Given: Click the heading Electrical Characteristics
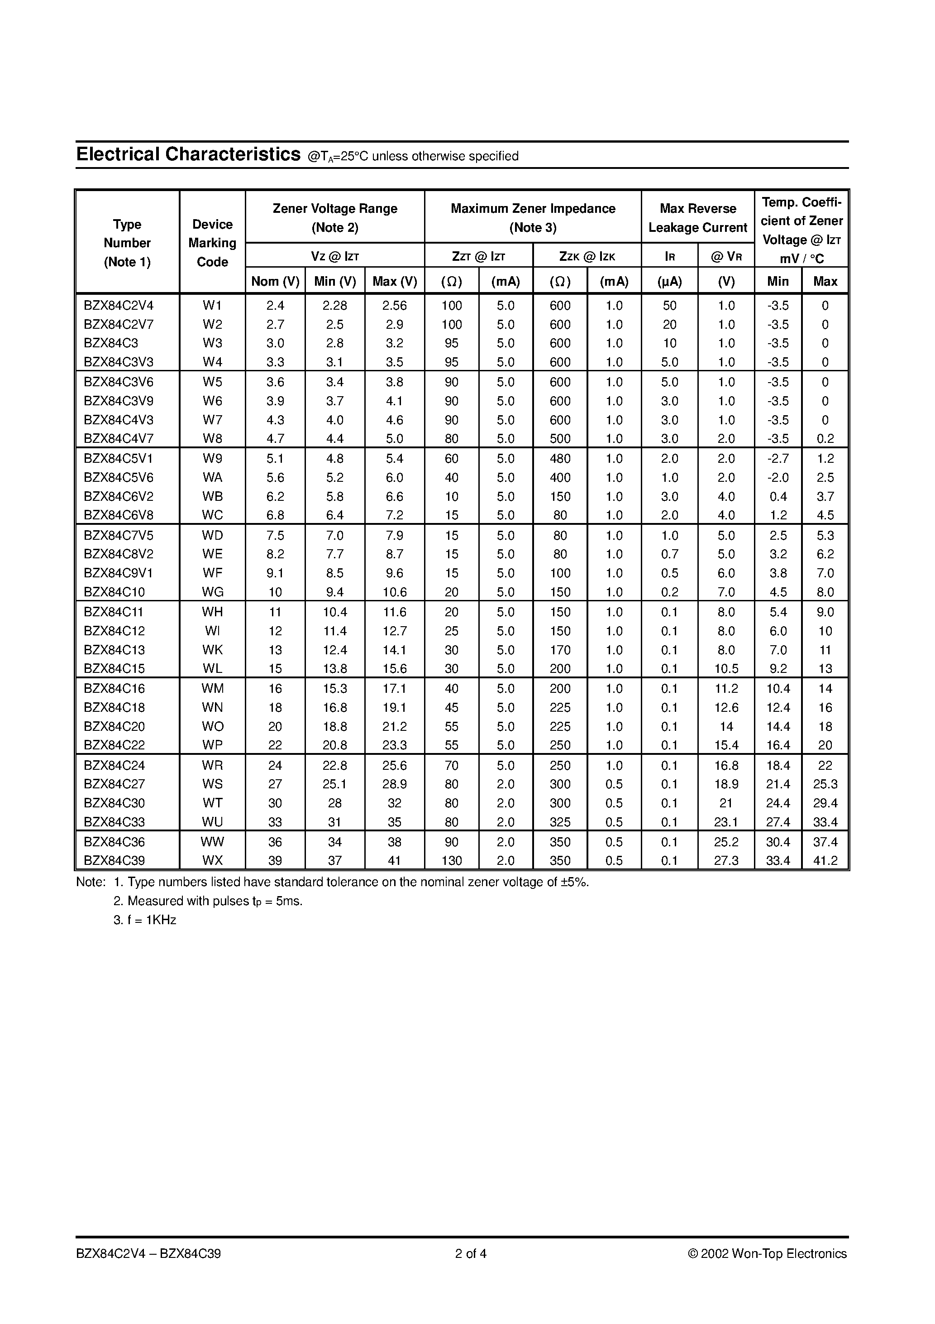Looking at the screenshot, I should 188,154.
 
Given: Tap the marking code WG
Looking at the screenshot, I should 212,592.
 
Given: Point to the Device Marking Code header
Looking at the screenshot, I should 212,243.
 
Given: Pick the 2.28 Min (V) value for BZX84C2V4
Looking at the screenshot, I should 334,306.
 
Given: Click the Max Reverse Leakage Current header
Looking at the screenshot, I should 697,217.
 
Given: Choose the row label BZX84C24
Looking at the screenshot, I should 114,765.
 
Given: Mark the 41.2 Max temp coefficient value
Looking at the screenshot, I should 825,860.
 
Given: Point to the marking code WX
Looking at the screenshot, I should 212,860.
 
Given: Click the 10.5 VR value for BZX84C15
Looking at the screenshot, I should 726,668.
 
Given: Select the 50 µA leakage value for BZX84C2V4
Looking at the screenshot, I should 669,306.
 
